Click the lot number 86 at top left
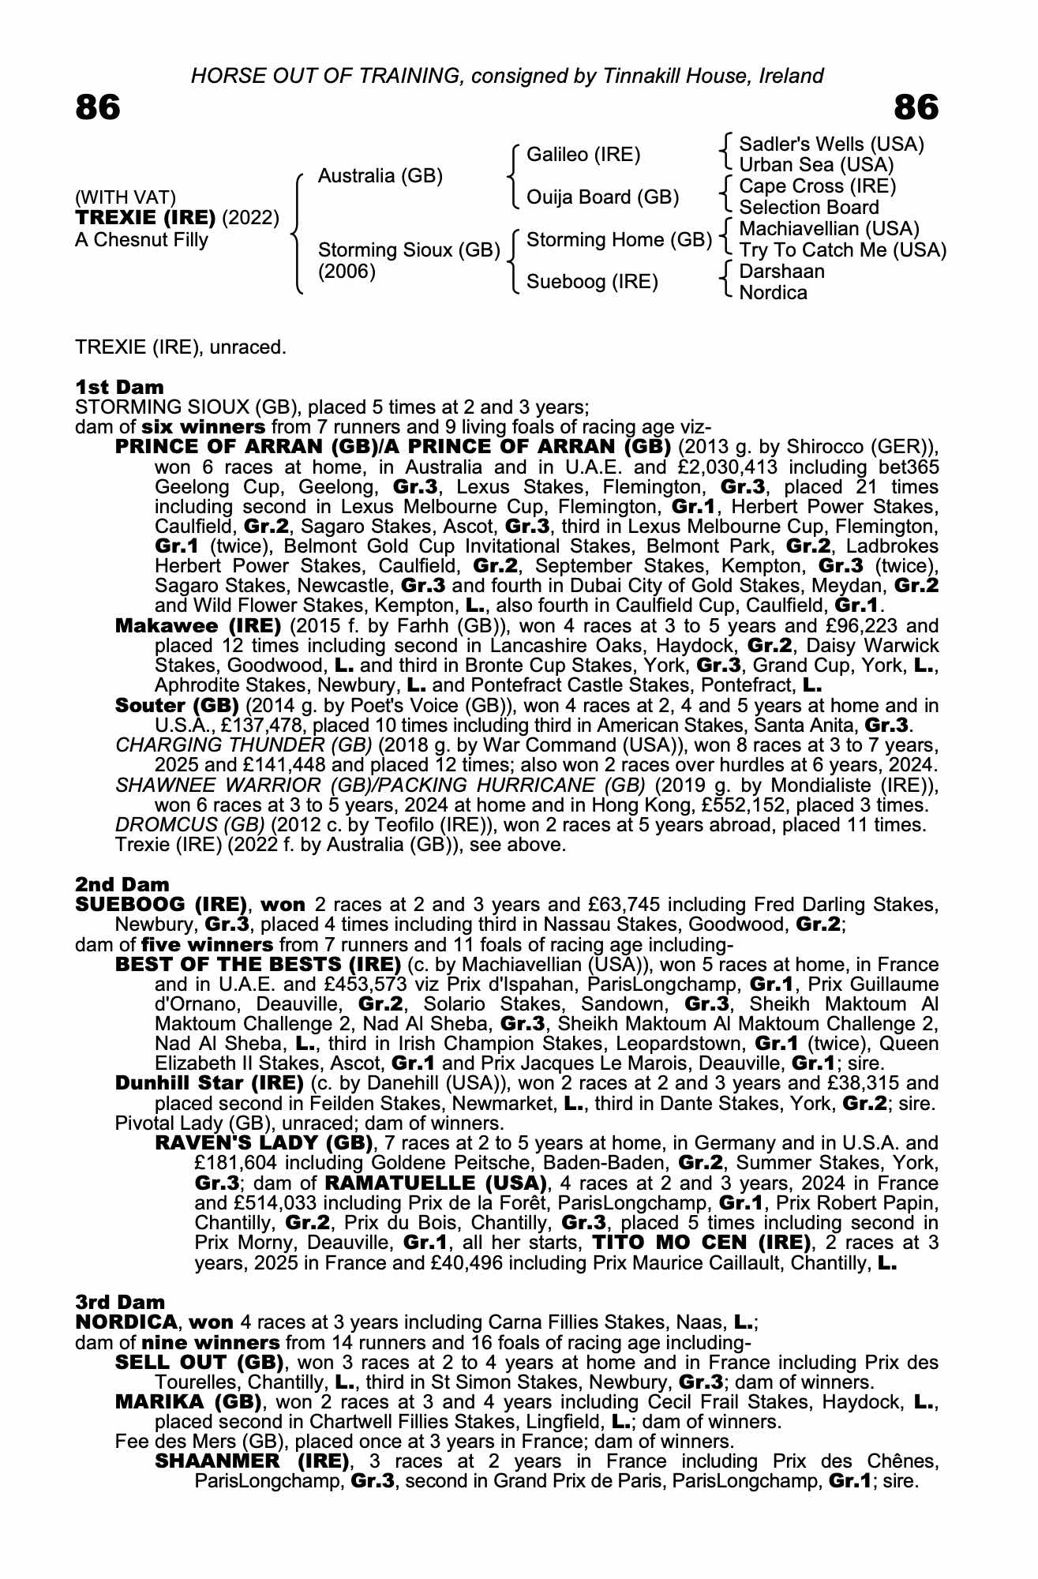click(98, 107)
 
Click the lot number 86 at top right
click(916, 107)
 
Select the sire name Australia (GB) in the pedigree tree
click(380, 175)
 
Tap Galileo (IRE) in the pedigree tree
click(583, 154)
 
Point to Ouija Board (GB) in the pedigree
click(602, 197)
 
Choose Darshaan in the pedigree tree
click(781, 272)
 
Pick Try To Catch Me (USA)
click(842, 250)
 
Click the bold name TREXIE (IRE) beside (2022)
click(145, 218)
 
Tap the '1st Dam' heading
click(119, 387)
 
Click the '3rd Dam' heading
click(120, 1302)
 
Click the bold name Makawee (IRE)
click(198, 626)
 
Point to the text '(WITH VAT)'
click(126, 197)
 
